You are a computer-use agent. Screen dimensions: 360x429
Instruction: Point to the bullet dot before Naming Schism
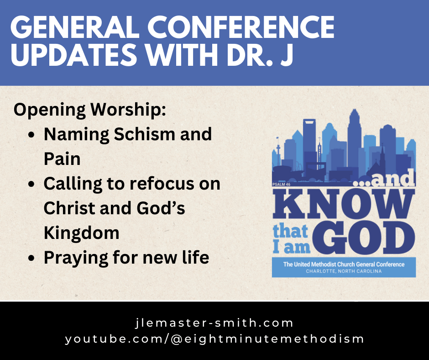pos(31,136)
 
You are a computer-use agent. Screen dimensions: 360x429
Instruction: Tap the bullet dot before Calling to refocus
pos(31,185)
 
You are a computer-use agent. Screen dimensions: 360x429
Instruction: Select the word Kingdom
pos(81,233)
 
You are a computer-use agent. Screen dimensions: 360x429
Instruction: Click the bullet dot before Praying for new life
pos(31,259)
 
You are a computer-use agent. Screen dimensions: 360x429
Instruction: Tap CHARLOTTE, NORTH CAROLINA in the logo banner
pos(344,271)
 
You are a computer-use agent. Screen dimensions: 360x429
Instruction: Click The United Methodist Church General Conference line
pos(344,264)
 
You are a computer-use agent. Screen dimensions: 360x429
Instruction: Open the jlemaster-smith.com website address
pos(214,323)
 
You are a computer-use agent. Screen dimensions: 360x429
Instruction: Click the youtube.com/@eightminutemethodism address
pos(214,339)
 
